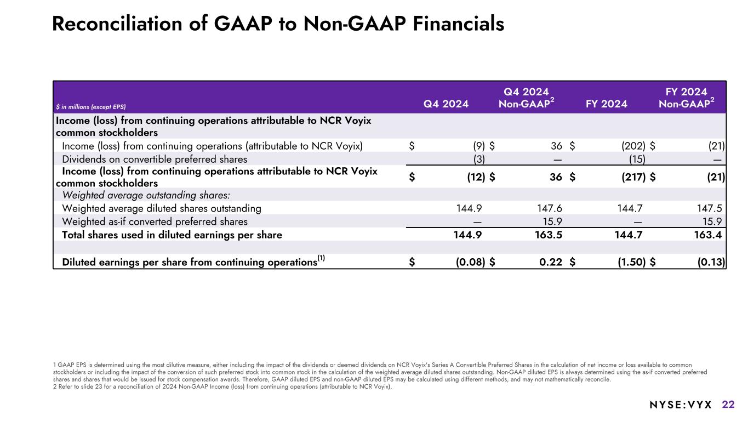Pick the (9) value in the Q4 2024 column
click(x=478, y=146)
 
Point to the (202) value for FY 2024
click(x=636, y=146)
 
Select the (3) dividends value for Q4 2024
click(x=478, y=159)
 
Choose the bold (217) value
click(x=635, y=177)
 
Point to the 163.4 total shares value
click(x=710, y=235)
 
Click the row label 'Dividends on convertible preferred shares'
click(x=155, y=159)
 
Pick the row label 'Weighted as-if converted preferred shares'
click(x=155, y=221)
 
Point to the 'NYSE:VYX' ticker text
click(x=680, y=405)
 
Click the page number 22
click(x=728, y=405)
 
